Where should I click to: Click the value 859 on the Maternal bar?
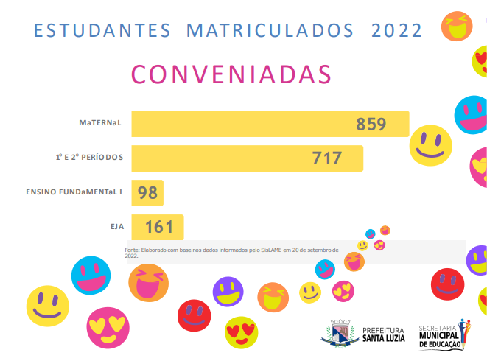tap(371, 124)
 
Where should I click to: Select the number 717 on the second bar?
tap(326, 158)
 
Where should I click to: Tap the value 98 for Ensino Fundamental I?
tap(147, 193)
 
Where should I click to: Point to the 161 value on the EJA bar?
tap(158, 227)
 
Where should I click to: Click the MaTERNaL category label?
tap(100, 123)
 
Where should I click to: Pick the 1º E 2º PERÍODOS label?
tap(89, 158)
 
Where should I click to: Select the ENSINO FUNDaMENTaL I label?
tap(74, 192)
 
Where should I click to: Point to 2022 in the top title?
tap(397, 31)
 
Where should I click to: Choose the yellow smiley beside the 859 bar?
tap(430, 144)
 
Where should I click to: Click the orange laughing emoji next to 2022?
tap(456, 25)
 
